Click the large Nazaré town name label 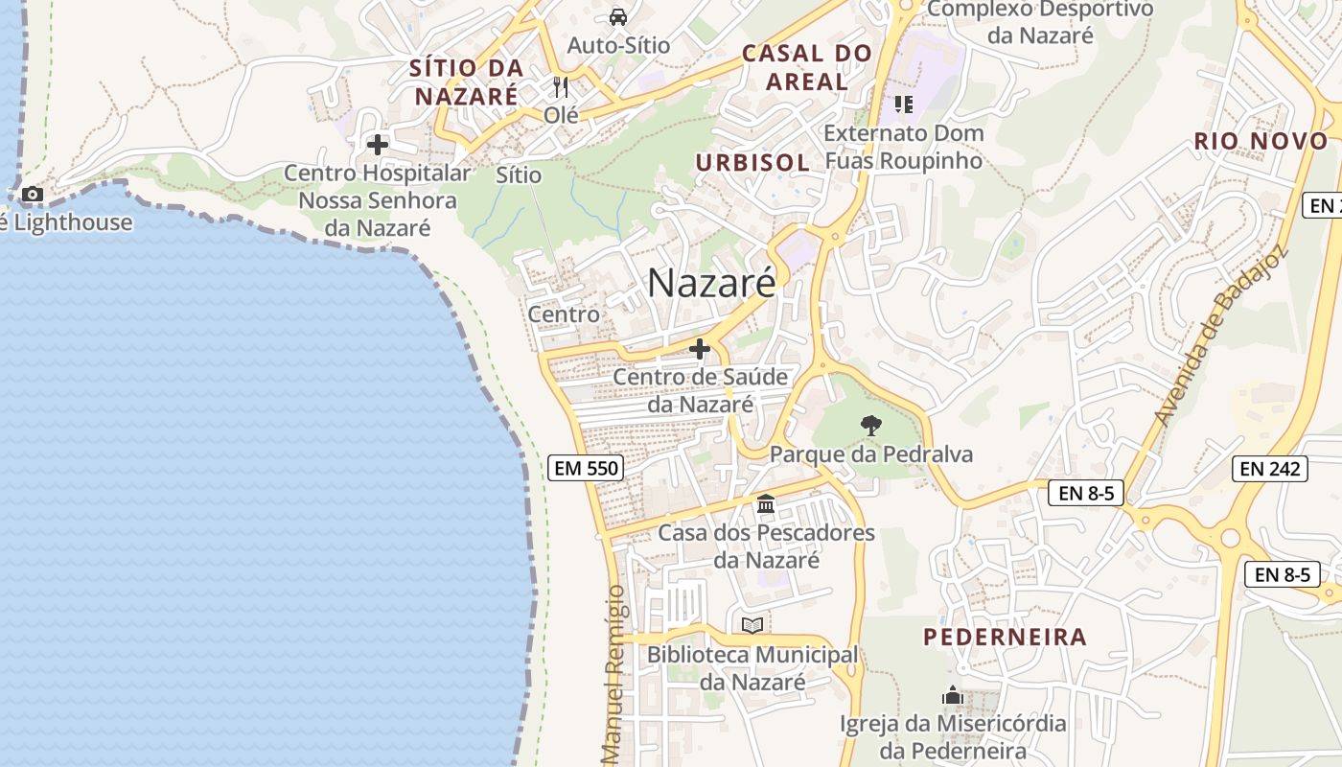pyautogui.click(x=711, y=283)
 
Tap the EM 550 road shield pyautogui.click(x=586, y=468)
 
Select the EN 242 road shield pyautogui.click(x=1269, y=468)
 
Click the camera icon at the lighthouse pyautogui.click(x=33, y=195)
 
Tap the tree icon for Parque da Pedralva pyautogui.click(x=870, y=425)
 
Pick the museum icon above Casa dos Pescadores pyautogui.click(x=765, y=503)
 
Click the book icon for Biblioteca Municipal pyautogui.click(x=752, y=625)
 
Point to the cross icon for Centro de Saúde pyautogui.click(x=700, y=349)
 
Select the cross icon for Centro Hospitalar pyautogui.click(x=378, y=145)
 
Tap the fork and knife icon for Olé pyautogui.click(x=561, y=87)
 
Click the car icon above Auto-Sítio pyautogui.click(x=618, y=16)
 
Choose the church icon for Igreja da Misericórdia pyautogui.click(x=953, y=695)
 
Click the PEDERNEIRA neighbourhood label pyautogui.click(x=1005, y=637)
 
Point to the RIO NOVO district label pyautogui.click(x=1261, y=141)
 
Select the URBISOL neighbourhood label pyautogui.click(x=752, y=162)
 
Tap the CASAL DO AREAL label pyautogui.click(x=807, y=67)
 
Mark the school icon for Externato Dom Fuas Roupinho pyautogui.click(x=903, y=104)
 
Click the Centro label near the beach pyautogui.click(x=564, y=314)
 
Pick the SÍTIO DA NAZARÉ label pyautogui.click(x=467, y=81)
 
